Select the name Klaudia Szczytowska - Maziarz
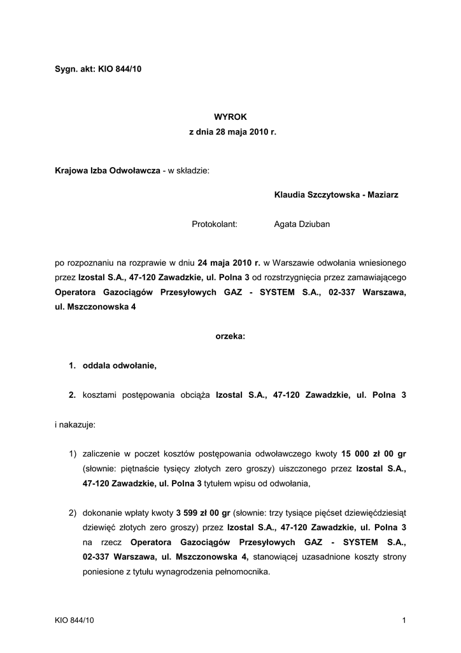click(336, 194)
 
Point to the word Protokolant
click(215, 224)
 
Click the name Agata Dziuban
click(302, 224)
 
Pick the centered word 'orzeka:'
click(230, 336)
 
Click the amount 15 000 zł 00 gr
click(374, 453)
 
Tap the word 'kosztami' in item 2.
click(100, 395)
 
